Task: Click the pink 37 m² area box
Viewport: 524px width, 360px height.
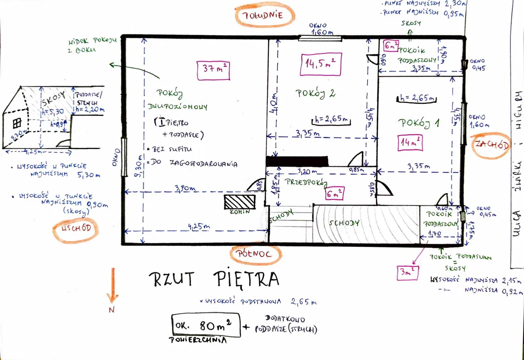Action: point(213,70)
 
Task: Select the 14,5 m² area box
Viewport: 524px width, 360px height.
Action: point(321,64)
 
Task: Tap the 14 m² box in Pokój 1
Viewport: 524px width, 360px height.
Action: point(410,143)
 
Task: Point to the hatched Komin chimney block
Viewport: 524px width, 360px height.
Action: point(239,202)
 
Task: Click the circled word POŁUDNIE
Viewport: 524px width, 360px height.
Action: point(265,16)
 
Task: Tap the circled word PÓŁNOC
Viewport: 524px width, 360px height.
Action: point(257,254)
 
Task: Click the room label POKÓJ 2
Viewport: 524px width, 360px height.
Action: point(315,93)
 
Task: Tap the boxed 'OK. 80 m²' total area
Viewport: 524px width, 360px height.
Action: point(206,326)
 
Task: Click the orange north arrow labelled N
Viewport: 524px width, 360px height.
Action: point(113,289)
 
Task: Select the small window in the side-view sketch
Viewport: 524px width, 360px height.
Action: point(17,123)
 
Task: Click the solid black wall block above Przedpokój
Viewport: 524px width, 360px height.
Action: point(297,161)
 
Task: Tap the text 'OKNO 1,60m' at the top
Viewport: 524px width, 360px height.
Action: point(321,29)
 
